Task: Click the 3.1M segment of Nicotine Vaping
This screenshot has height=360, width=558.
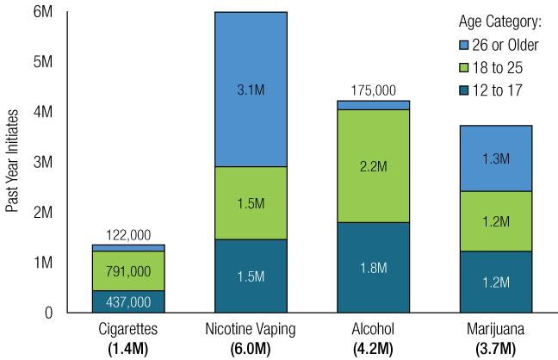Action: point(250,90)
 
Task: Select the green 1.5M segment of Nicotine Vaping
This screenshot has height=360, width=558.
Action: point(250,202)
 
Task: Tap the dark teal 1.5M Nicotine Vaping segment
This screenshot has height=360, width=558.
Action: point(250,275)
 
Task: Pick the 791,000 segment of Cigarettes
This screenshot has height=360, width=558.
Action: point(128,270)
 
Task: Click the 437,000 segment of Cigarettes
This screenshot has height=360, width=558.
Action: point(128,301)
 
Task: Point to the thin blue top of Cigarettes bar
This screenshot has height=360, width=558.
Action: point(128,248)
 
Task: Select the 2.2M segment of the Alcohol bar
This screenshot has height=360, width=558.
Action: point(373,165)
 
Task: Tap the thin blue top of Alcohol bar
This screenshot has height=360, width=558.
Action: point(373,105)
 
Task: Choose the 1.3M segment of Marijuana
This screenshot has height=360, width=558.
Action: point(495,158)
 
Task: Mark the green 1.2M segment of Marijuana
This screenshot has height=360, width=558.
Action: point(495,221)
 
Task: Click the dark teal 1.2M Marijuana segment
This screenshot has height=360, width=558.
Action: point(495,281)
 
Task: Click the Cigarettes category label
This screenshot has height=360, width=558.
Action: point(128,330)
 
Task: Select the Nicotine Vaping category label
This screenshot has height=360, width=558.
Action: point(251,330)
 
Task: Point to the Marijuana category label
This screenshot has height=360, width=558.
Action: point(495,330)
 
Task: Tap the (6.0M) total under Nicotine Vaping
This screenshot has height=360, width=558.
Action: point(251,348)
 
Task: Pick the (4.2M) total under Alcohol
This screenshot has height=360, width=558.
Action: point(373,348)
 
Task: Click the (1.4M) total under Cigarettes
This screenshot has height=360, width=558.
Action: point(128,348)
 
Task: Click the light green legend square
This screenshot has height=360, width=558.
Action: point(464,67)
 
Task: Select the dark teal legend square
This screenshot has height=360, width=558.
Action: point(464,90)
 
